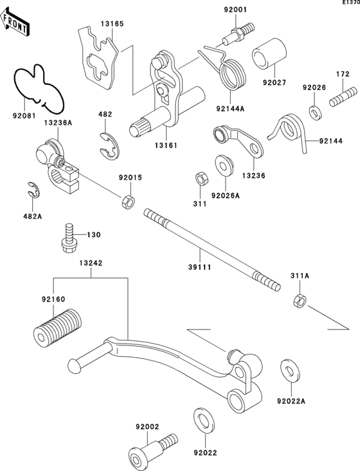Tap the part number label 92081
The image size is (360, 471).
(24, 115)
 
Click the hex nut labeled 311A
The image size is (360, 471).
(300, 300)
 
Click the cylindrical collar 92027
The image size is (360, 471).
(269, 54)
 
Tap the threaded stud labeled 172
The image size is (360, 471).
(344, 96)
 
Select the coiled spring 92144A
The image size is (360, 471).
(226, 68)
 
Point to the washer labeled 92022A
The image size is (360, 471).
(291, 370)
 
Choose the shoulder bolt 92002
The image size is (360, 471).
(152, 448)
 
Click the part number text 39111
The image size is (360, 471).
(199, 267)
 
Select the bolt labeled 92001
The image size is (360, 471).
(239, 33)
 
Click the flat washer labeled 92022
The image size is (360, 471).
(204, 421)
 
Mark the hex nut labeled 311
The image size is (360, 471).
(200, 180)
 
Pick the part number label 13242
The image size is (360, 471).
(91, 263)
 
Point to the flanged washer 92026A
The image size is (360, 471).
(224, 165)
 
